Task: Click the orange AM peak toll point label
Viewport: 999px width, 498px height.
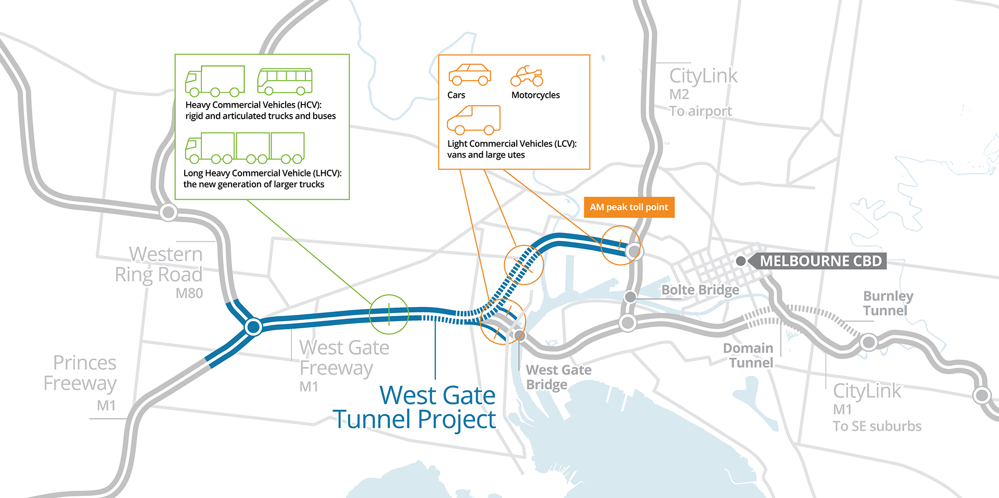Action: (629, 207)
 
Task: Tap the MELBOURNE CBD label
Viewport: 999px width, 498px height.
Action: (821, 261)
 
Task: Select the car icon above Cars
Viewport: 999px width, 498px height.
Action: (470, 74)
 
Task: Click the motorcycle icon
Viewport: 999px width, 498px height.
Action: (527, 76)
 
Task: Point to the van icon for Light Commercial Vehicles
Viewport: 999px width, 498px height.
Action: (473, 120)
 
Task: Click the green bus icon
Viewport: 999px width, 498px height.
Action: (285, 81)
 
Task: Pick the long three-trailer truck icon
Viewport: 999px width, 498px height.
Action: (245, 148)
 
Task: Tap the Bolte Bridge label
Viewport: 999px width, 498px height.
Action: (700, 290)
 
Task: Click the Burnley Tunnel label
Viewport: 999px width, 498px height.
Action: (888, 303)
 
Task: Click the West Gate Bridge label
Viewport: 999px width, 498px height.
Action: (558, 377)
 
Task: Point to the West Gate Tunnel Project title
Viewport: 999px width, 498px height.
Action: (415, 407)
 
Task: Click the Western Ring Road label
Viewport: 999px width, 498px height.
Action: (159, 264)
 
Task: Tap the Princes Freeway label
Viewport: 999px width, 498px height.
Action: (80, 373)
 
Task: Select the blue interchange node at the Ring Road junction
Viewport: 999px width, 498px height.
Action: (253, 327)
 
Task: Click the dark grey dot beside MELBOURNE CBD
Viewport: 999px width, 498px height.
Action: (741, 261)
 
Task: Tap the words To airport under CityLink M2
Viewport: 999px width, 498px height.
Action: (700, 111)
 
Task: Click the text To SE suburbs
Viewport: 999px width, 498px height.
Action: (877, 426)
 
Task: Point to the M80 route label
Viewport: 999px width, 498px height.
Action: (189, 293)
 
